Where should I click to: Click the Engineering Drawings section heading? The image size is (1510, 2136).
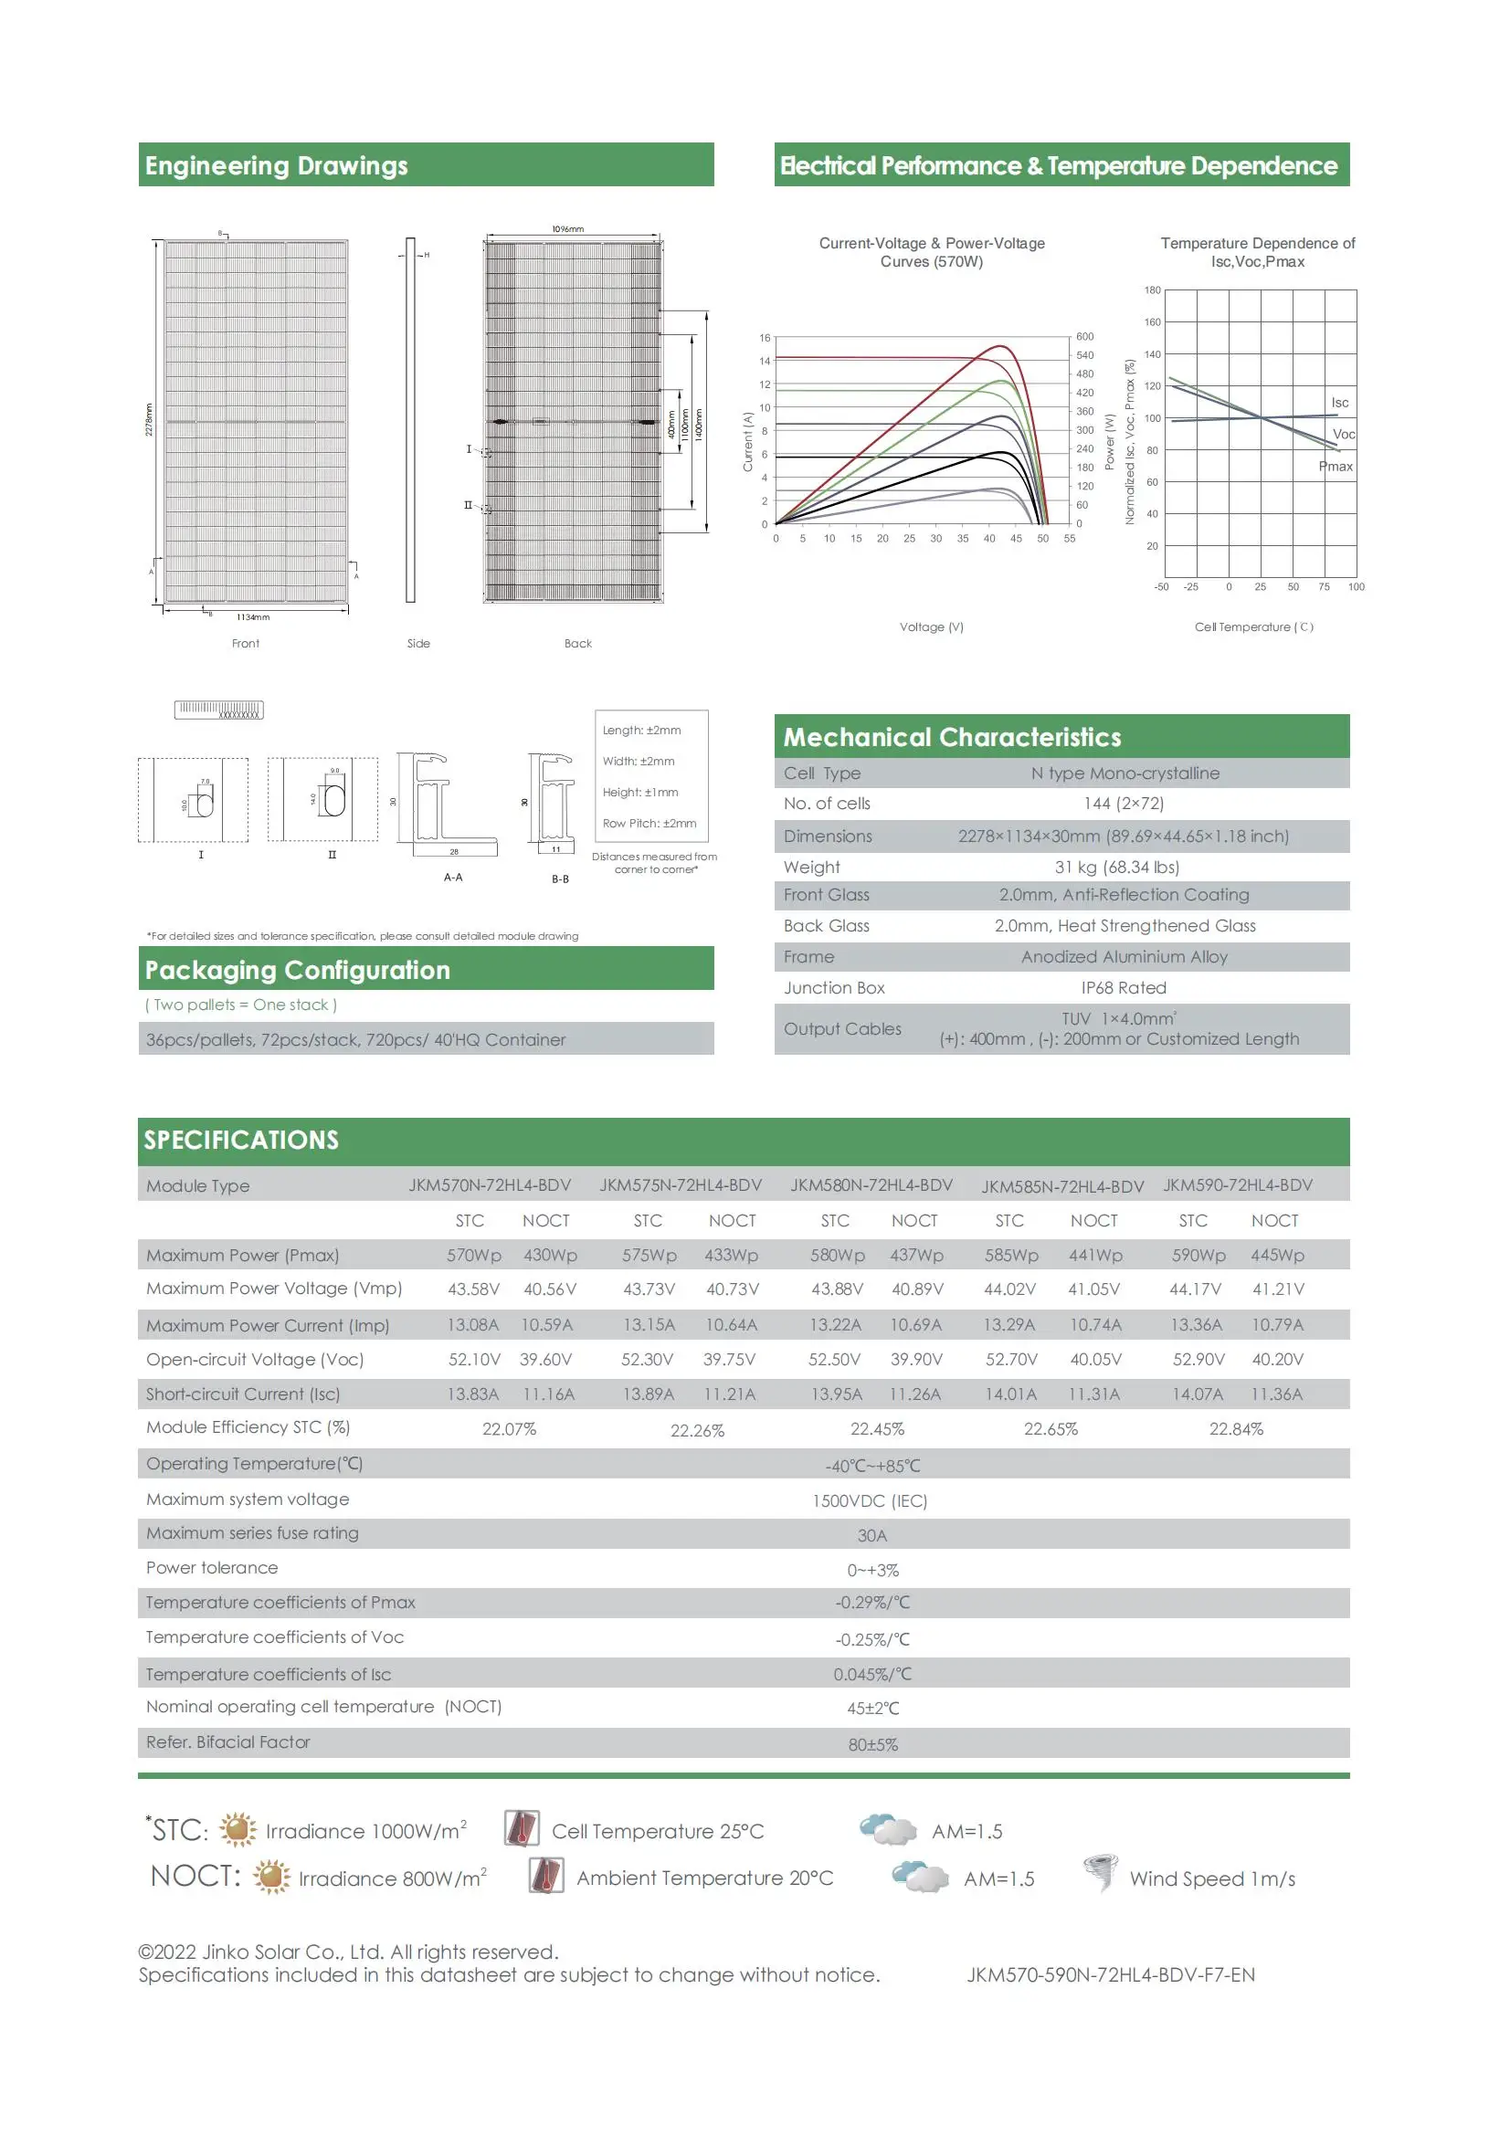(x=276, y=165)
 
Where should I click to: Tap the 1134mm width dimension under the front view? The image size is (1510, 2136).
(x=252, y=616)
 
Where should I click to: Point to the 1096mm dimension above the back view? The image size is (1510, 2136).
(x=567, y=229)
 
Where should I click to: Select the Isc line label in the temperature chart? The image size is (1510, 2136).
(x=1339, y=403)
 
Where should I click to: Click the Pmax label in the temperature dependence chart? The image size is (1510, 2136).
(x=1336, y=466)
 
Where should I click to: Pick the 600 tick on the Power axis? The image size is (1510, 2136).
(x=1085, y=337)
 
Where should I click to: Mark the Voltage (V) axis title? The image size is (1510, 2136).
(x=932, y=627)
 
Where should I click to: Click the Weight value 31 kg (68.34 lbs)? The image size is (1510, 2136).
(x=1116, y=867)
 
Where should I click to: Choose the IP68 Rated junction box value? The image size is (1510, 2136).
(x=1123, y=988)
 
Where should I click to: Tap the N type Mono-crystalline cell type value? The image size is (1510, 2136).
(x=1125, y=773)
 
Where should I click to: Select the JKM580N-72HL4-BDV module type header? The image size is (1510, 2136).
(x=871, y=1185)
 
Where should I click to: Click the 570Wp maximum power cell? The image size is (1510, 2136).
(x=473, y=1255)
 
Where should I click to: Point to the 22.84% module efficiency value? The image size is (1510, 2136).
(x=1236, y=1429)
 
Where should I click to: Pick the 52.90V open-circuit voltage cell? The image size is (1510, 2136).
(x=1198, y=1359)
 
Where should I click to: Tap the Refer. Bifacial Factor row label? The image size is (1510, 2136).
(x=228, y=1742)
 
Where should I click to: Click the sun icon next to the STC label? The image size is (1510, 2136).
(x=238, y=1829)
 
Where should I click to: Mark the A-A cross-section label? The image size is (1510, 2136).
(x=453, y=878)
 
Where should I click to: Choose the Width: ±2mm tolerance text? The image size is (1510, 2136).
(x=639, y=761)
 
